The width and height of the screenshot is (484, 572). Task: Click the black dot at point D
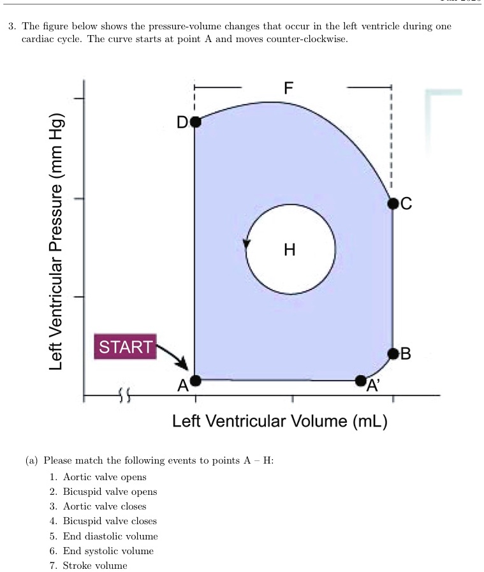(195, 121)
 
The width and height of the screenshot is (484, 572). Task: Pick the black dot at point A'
(361, 381)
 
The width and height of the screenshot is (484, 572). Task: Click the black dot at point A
(195, 381)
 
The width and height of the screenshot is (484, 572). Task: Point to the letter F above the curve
(289, 87)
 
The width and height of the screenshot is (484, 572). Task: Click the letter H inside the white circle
(290, 249)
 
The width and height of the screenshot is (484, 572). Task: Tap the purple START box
(126, 347)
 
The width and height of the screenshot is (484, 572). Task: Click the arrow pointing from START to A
(173, 356)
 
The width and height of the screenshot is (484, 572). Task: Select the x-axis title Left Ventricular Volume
(280, 422)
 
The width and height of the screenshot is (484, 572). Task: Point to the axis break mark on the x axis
(124, 396)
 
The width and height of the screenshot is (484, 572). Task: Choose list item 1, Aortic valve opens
(105, 477)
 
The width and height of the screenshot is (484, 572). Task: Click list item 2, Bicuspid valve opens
(110, 492)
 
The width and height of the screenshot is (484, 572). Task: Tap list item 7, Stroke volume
(95, 566)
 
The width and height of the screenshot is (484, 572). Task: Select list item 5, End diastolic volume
(110, 536)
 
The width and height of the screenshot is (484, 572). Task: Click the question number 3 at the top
(11, 27)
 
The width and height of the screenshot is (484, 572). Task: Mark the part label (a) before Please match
(32, 460)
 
